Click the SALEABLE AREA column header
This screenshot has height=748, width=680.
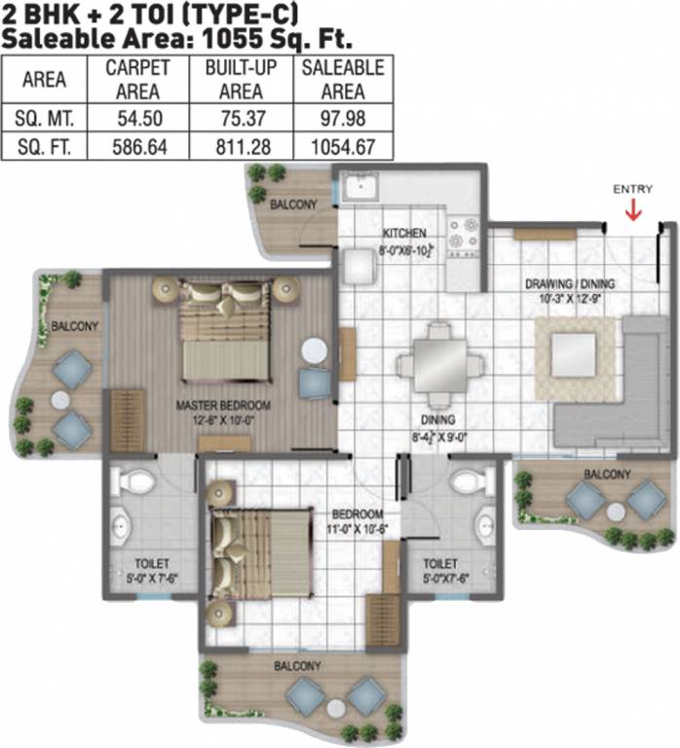click(x=343, y=80)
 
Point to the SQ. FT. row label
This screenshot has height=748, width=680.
click(x=44, y=147)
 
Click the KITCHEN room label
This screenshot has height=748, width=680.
click(x=403, y=234)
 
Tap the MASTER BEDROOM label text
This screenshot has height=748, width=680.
click(x=223, y=404)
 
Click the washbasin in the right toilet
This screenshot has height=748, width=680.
click(x=484, y=527)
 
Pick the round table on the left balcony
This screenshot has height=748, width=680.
click(x=60, y=399)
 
